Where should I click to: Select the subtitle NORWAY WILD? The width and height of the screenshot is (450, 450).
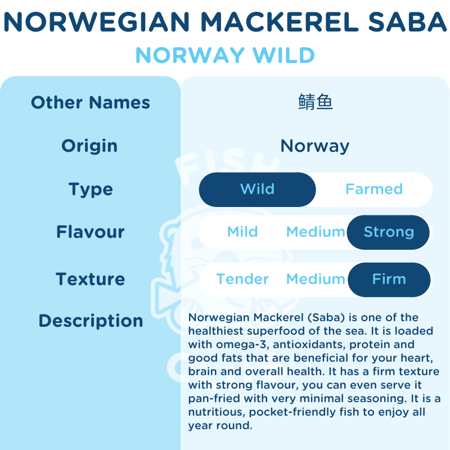click(225, 55)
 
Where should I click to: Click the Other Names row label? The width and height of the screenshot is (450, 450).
click(91, 102)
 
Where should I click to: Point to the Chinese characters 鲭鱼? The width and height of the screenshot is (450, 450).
click(315, 102)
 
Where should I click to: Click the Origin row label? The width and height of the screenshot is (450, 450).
click(89, 146)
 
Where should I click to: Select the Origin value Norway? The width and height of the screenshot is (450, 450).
click(315, 146)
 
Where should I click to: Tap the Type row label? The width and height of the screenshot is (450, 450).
click(91, 189)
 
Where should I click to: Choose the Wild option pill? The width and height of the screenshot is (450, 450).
click(258, 189)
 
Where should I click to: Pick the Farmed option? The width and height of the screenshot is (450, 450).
click(374, 189)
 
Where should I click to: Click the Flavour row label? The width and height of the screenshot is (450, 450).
click(91, 232)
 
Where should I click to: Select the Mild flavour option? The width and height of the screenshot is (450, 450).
click(242, 232)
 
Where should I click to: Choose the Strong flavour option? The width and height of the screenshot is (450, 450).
click(389, 232)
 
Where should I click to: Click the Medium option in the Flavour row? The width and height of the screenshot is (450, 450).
click(316, 232)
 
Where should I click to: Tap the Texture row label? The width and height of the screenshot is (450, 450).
click(91, 279)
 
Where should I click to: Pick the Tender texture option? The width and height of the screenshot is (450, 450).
click(242, 279)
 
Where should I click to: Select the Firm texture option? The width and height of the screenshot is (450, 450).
click(389, 279)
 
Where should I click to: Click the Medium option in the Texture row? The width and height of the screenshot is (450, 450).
click(316, 279)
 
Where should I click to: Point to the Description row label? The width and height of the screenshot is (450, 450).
click(91, 321)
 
